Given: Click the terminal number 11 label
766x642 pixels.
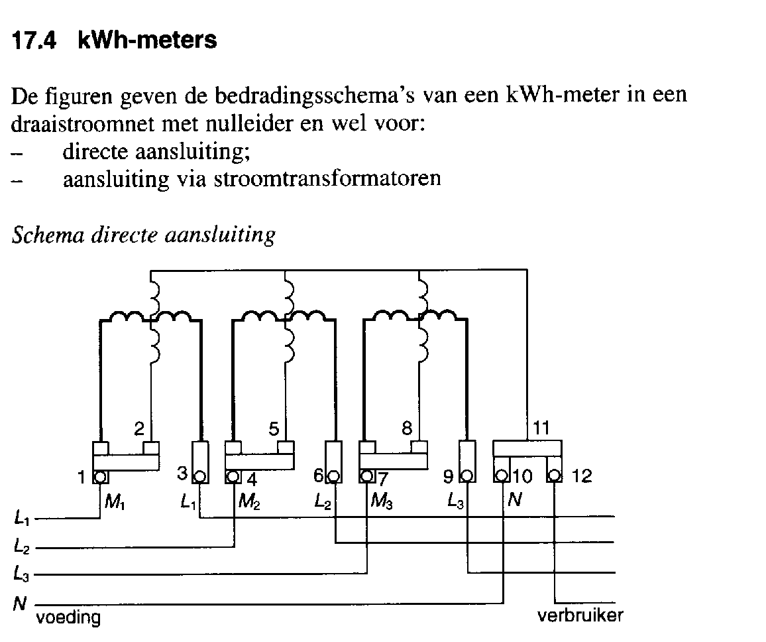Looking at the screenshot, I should (x=541, y=428).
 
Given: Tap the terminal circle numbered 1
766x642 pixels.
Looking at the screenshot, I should (x=100, y=476).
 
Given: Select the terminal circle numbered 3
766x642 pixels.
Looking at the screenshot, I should (x=199, y=476).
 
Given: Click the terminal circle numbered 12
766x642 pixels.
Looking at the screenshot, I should (x=554, y=476).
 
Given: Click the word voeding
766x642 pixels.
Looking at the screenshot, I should (x=68, y=618).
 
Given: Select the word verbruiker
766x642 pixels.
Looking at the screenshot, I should (x=580, y=615).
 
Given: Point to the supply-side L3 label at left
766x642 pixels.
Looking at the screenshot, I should (x=21, y=574).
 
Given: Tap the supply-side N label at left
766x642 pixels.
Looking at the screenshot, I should (x=19, y=603).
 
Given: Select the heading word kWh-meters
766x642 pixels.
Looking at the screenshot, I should (x=147, y=40).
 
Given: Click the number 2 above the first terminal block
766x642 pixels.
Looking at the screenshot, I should (x=138, y=428).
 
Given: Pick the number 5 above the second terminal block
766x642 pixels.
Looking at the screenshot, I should (x=273, y=428).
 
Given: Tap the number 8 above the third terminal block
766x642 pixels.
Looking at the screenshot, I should (x=407, y=428).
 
